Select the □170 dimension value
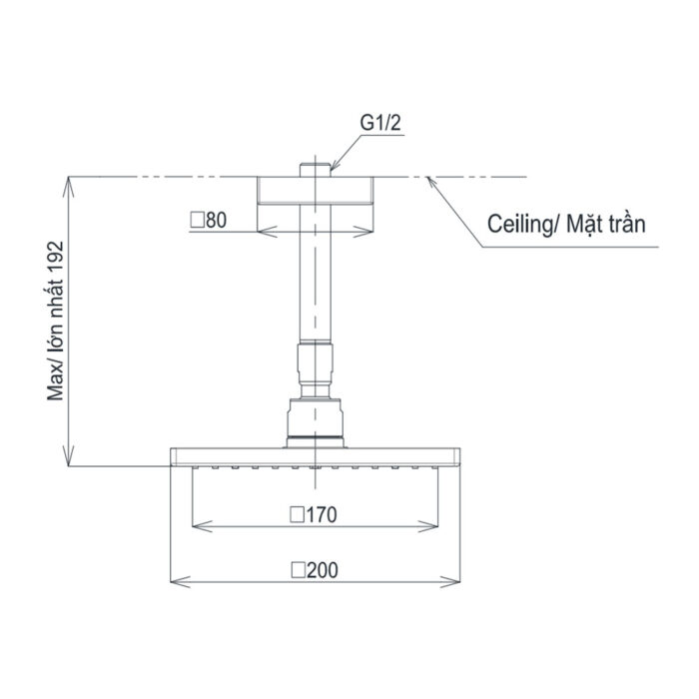313,515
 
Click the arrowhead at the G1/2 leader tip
333,169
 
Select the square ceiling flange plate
318,192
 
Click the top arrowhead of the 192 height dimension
70,183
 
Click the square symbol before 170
296,515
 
